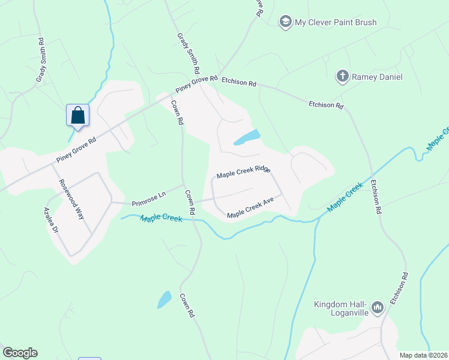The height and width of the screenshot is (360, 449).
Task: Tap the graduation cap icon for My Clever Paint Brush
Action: coord(285,22)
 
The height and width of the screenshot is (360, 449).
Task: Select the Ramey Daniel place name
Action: coord(377,77)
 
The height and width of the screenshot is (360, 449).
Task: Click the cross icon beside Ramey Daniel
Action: coord(342,76)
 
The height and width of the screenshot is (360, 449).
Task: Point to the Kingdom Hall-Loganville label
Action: coord(340,308)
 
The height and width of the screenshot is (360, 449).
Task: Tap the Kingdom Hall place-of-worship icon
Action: coord(378,308)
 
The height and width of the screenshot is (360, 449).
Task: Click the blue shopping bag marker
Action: coord(78,115)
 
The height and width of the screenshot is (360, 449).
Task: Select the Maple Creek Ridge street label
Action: coord(243,172)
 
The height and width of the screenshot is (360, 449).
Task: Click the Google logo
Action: coord(20,353)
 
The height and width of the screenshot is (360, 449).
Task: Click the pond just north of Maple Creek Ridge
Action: coord(247,137)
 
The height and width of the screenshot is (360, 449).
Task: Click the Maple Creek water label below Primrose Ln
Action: coord(161,218)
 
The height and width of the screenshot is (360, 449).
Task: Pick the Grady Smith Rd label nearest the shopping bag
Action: coord(41,61)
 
